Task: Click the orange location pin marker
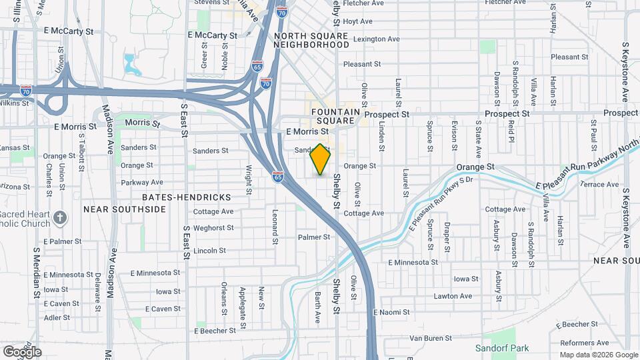[x=321, y=159]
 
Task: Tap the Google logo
[x=22, y=351]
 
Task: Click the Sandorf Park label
[x=501, y=348]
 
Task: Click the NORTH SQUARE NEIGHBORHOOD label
[x=311, y=40]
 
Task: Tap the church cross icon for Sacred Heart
[x=60, y=217]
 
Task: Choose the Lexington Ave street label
[x=377, y=39]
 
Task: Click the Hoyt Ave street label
[x=357, y=21]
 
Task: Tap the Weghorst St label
[x=213, y=228]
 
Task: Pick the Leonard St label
[x=275, y=227]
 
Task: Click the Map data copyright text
[x=598, y=355]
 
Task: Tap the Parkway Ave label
[x=142, y=182]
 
